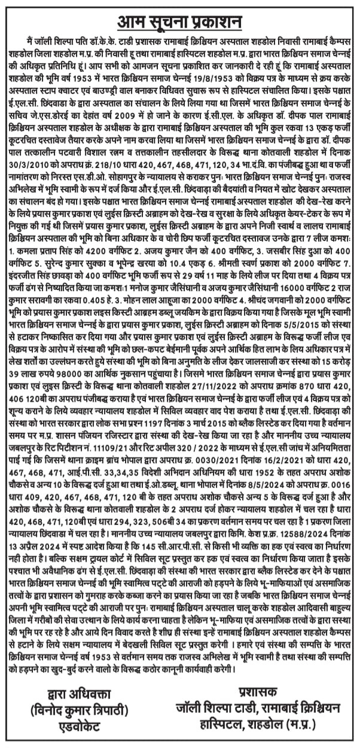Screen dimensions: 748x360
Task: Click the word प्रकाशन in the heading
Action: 215,21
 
